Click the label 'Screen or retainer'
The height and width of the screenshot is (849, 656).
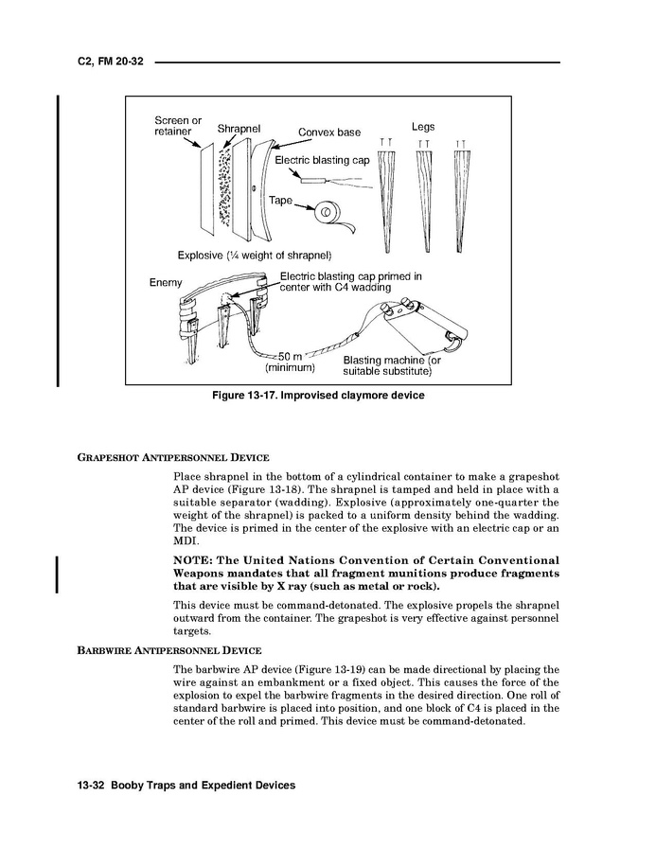coord(178,126)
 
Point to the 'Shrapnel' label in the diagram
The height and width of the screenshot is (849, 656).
coord(239,129)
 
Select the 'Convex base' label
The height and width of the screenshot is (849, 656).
coord(329,133)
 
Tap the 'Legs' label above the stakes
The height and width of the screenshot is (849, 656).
coord(423,127)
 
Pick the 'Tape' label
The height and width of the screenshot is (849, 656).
coord(281,201)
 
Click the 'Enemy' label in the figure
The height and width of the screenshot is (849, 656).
coord(166,283)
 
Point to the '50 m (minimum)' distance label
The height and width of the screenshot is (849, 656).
coord(290,362)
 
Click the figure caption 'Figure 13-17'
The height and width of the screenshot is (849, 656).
coord(317,396)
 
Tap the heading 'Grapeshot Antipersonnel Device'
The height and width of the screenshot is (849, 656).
coord(173,457)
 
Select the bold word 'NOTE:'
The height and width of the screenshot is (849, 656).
coord(198,560)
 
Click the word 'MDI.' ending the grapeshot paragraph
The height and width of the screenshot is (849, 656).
coord(186,540)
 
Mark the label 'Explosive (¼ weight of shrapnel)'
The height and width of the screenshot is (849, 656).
coord(254,256)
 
